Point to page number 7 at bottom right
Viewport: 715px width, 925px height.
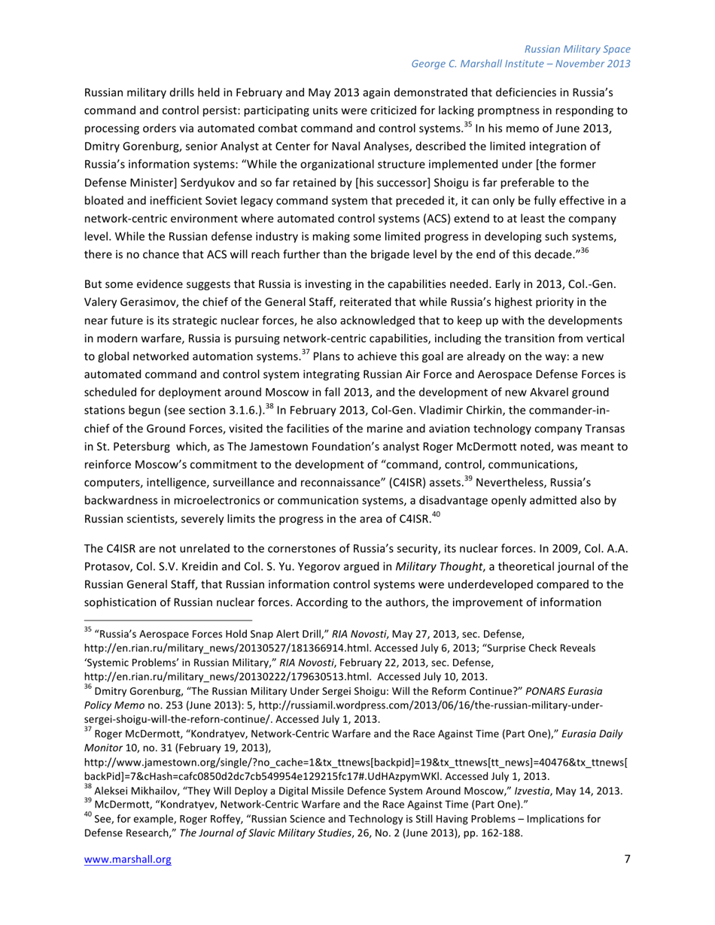click(x=627, y=881)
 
